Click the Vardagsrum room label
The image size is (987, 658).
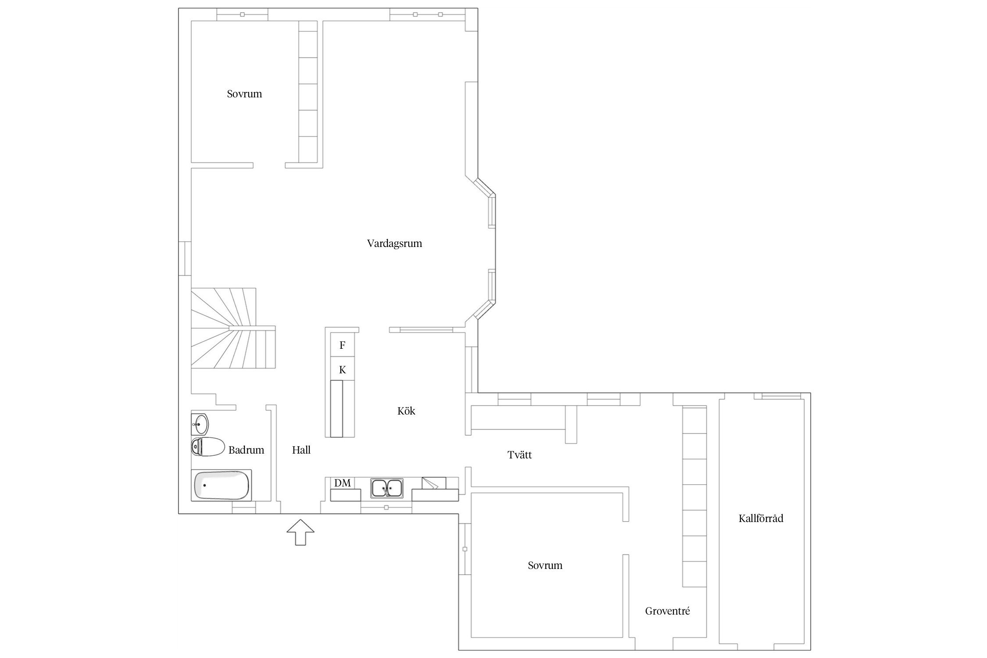coord(394,243)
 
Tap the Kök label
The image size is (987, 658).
coord(406,411)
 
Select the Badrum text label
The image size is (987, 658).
coord(246,450)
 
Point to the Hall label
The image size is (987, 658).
coord(301,450)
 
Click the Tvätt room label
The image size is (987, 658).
coord(519,455)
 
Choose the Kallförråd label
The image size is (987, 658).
coord(761,519)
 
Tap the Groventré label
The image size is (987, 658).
coord(667,611)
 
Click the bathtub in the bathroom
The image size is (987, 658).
coord(222,485)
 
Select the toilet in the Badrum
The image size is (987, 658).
coord(207,447)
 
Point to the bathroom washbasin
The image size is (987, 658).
coord(200,423)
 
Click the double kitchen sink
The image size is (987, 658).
coord(386,488)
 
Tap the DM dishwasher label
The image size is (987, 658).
coord(343,483)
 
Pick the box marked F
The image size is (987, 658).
coord(342,345)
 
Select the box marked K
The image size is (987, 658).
coord(342,369)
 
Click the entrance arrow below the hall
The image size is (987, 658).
coord(300,532)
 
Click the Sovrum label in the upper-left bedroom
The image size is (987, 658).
coord(244,94)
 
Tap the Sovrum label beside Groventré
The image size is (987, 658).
coord(545,565)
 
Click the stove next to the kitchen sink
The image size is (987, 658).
coord(434,483)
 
